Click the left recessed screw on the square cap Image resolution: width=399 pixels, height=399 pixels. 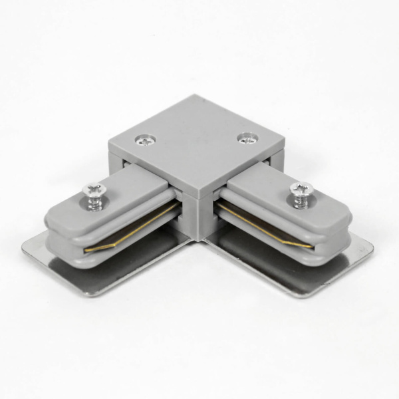[144, 140]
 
